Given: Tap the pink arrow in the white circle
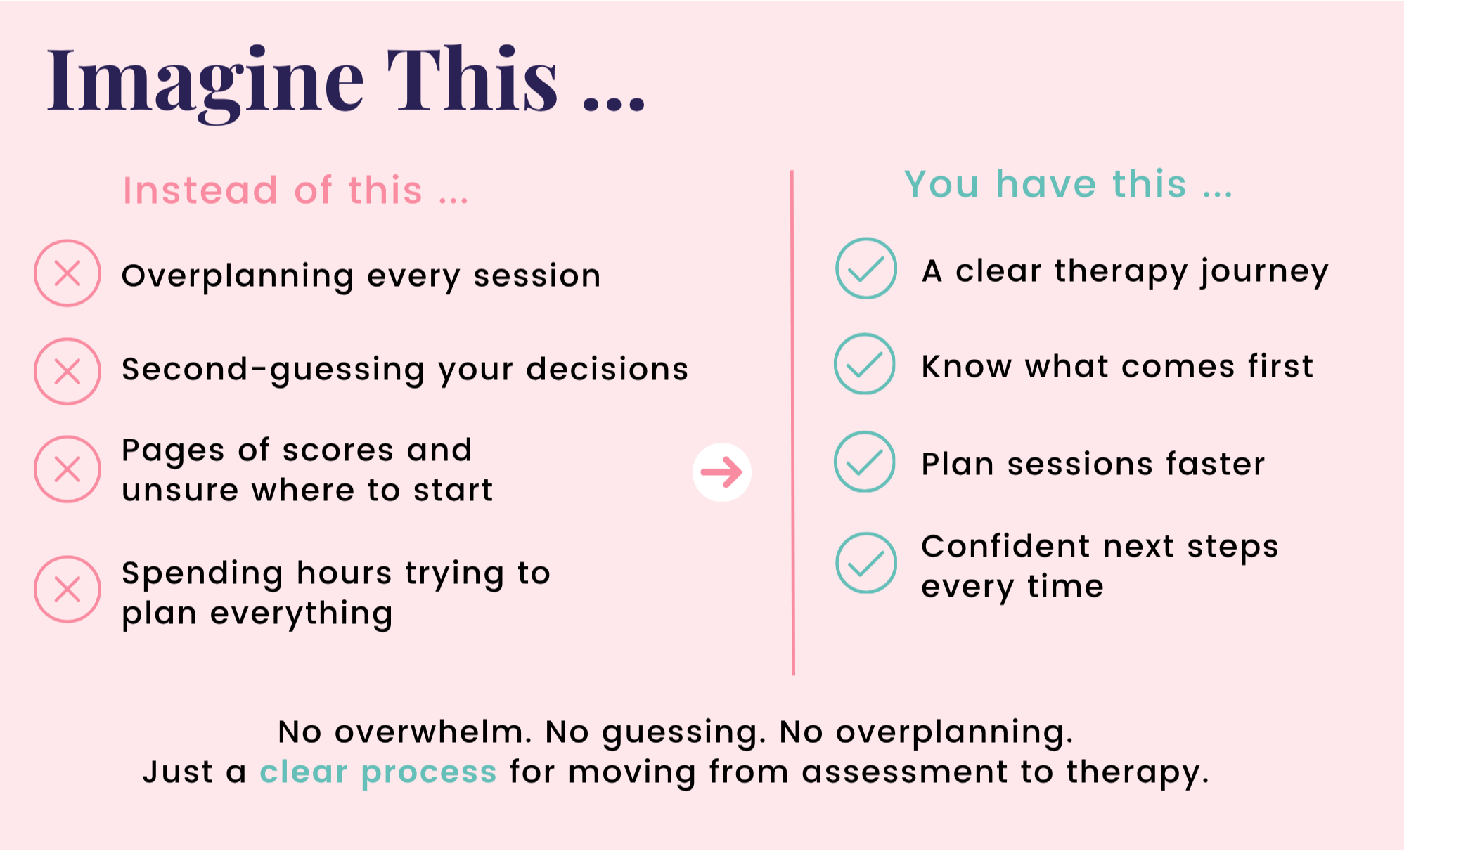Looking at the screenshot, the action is click(721, 472).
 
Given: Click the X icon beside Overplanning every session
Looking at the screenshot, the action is click(67, 273).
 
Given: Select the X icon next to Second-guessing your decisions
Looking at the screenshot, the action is click(67, 371).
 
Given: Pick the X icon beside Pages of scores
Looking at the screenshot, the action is click(67, 469).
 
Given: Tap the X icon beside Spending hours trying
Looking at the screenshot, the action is click(67, 589).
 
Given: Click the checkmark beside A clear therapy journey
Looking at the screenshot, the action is click(866, 268).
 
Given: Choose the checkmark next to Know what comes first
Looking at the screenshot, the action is click(865, 364).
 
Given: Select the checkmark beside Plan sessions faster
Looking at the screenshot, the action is click(865, 462).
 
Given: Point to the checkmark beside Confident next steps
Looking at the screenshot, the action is click(866, 563).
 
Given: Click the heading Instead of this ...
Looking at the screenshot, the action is click(295, 190).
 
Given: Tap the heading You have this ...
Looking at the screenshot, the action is click(1068, 184).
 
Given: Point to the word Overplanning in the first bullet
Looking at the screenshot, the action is click(238, 277).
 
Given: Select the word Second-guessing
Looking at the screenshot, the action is click(273, 370).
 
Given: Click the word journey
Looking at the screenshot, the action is click(1265, 272).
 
